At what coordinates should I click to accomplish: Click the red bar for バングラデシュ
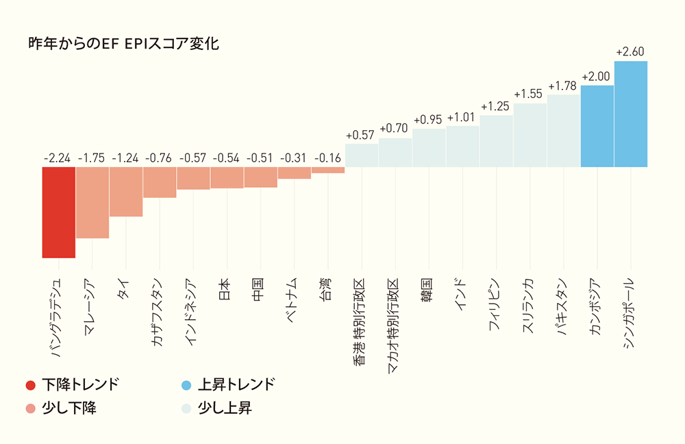tap(58, 212)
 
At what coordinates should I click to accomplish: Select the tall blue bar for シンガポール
tap(631, 114)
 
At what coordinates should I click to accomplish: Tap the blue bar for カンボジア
tap(597, 126)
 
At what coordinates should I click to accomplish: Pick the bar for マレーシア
tap(92, 202)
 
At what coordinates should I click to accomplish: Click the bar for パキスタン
tap(563, 131)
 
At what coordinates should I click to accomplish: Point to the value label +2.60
tap(630, 52)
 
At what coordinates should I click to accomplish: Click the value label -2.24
tap(58, 158)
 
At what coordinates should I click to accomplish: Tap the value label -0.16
tap(327, 158)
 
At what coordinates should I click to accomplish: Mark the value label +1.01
tap(462, 117)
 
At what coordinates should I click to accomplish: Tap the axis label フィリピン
tap(495, 306)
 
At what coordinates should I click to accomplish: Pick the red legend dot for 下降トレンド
tap(30, 384)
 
